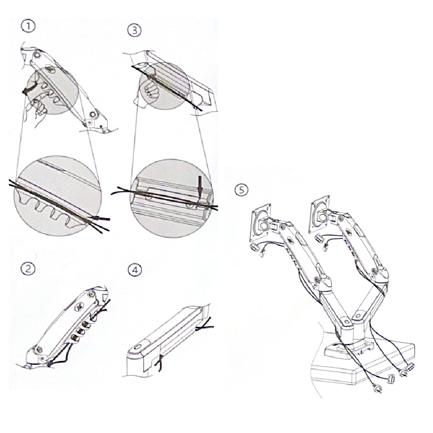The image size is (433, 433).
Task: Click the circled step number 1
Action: coord(29,26)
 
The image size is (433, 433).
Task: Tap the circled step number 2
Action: coord(29,269)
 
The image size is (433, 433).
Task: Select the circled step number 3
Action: coord(135,30)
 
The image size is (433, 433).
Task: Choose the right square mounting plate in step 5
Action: coord(319,214)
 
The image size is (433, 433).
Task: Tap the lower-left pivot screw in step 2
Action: coord(39,349)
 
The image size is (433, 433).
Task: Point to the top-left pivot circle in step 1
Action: coord(36,55)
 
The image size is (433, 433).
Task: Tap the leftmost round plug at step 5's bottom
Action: coord(377,388)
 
